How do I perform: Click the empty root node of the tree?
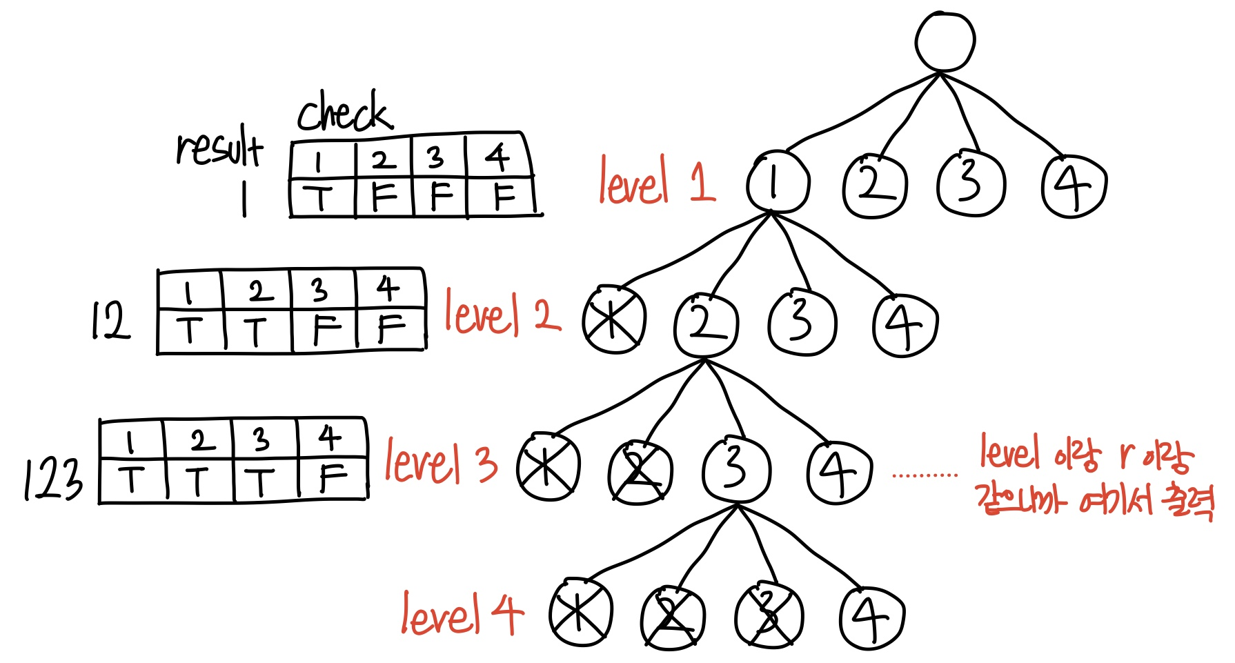[945, 41]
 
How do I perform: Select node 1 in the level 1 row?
[776, 183]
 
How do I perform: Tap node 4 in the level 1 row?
[1074, 186]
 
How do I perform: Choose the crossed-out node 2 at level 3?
[640, 473]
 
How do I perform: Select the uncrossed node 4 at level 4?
[871, 618]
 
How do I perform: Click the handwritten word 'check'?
[344, 112]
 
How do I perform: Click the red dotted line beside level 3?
[925, 475]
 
